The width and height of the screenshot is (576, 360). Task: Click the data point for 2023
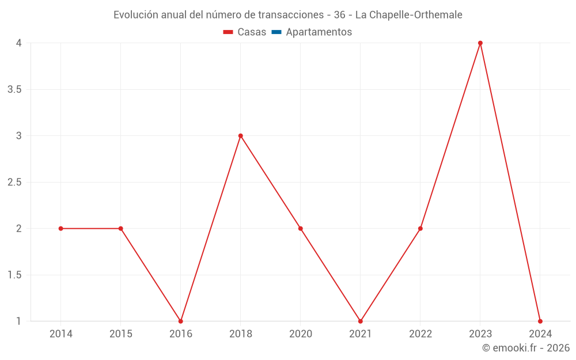(480, 43)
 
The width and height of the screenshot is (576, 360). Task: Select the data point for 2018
(241, 136)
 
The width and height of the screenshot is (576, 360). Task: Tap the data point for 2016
(181, 321)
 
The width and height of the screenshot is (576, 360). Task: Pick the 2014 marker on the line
(61, 229)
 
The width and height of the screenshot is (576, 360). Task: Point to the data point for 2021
(361, 321)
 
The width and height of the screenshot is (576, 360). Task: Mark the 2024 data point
(540, 321)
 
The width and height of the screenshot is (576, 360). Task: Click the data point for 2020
(301, 229)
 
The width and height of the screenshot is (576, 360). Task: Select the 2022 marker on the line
(420, 229)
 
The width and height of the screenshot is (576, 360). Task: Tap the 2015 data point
(121, 229)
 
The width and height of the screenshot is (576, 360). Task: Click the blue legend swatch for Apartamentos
(276, 32)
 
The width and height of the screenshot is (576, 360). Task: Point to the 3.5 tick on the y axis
(15, 89)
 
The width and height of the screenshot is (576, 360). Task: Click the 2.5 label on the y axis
(15, 182)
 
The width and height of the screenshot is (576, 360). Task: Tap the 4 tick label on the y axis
(19, 43)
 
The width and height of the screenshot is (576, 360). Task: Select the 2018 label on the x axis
(241, 334)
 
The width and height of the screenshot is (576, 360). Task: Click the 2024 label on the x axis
(540, 334)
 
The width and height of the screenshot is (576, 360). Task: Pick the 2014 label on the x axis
(61, 334)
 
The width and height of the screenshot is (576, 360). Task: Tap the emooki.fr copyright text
(526, 348)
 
